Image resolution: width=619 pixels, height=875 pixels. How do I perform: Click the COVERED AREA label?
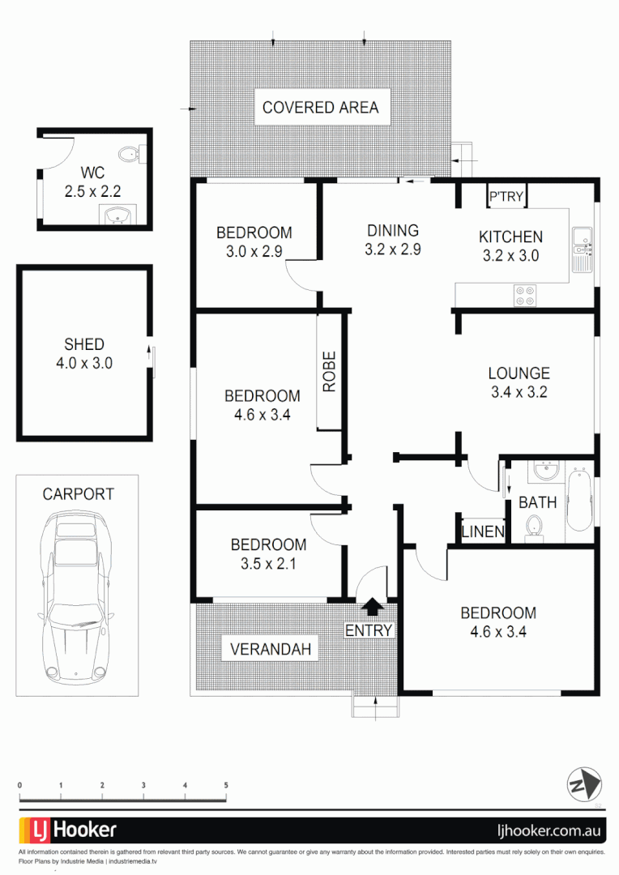[320, 108]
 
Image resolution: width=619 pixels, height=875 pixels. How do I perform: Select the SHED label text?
[84, 344]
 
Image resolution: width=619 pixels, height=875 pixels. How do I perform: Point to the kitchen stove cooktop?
[525, 296]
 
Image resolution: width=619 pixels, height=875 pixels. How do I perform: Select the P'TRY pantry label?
[506, 196]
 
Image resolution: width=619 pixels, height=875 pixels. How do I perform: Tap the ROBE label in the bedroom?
[330, 372]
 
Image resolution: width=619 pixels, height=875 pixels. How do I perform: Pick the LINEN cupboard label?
[483, 532]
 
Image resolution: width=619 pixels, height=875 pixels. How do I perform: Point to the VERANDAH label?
[271, 649]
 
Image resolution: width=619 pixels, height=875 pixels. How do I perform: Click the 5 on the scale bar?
[226, 785]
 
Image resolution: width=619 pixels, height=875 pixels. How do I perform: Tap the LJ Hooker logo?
[68, 830]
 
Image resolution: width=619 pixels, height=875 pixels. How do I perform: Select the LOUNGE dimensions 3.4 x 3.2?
[519, 393]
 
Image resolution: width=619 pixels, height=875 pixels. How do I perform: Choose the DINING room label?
[392, 231]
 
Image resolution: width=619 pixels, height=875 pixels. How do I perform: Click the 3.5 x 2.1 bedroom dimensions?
[268, 564]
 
